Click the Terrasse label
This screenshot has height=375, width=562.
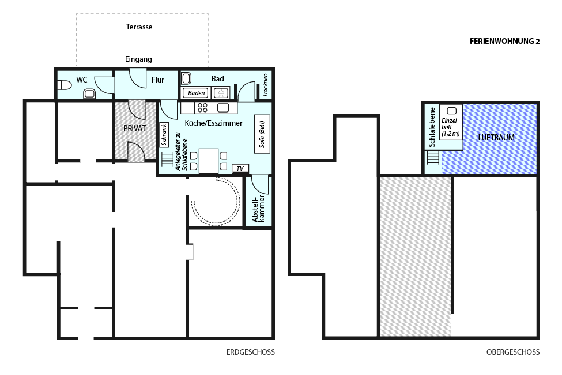click(139, 27)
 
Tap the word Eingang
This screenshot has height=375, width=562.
click(138, 59)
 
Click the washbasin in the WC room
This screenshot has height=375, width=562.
click(89, 93)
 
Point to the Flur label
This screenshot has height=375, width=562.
click(158, 80)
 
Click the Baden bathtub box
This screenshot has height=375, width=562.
click(196, 93)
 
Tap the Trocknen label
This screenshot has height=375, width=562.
click(265, 85)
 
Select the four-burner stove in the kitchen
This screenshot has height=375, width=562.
click(202, 108)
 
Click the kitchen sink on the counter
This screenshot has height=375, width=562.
click(222, 108)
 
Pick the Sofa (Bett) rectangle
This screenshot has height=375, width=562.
click(262, 134)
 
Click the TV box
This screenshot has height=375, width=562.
click(240, 168)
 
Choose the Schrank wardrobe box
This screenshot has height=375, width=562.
click(164, 135)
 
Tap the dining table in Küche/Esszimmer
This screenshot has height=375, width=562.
click(209, 161)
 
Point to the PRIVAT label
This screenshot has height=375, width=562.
click(134, 128)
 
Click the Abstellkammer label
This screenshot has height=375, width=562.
click(258, 208)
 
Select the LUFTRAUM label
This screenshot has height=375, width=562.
click(496, 137)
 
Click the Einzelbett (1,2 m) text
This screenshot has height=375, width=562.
click(451, 127)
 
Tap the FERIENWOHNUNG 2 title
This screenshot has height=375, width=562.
click(505, 42)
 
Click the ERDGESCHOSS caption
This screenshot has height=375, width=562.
click(251, 352)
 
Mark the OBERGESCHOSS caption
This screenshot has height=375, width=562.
click(513, 352)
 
